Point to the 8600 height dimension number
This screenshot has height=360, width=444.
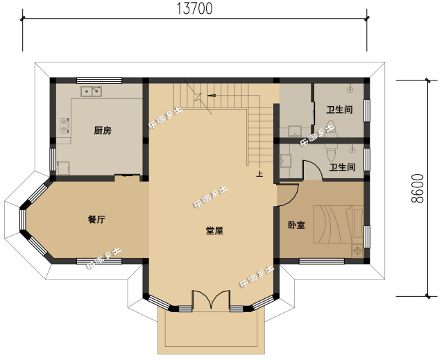coord(417,187)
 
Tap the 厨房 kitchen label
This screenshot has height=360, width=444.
coord(103,130)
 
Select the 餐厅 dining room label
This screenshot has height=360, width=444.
coord(96,219)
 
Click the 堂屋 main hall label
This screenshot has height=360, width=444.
coord(214,231)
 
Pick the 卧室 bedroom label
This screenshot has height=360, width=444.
coord(296,225)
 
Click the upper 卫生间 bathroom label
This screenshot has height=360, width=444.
coord(340,110)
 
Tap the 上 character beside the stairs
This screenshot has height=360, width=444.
coord(259,174)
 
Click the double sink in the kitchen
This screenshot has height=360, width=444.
coord(92,91)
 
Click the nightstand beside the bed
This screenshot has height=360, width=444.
coord(357,248)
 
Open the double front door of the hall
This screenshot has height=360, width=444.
coord(210,300)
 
